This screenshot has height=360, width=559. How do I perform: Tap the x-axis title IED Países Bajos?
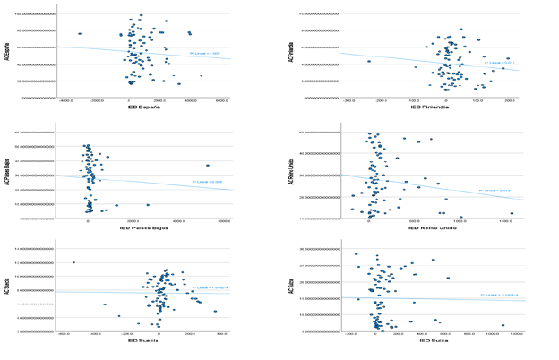pos(145,228)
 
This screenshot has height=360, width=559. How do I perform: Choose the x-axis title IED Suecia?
pos(144,342)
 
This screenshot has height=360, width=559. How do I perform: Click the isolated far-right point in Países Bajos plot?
pos(208,165)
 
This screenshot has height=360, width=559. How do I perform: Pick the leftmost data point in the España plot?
pos(80,34)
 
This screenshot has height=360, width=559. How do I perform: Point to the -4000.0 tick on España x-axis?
pos(67,101)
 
